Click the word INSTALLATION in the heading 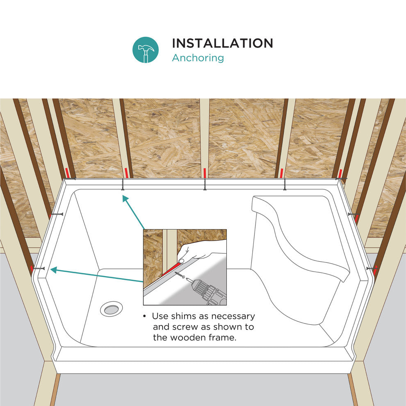coord(222,43)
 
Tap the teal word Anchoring coord(198,58)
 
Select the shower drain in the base coord(111,309)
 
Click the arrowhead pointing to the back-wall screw coord(125,199)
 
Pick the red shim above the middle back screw coord(205,173)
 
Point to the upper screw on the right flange coord(354,214)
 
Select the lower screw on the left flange coord(39,269)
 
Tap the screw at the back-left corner coord(69,179)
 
